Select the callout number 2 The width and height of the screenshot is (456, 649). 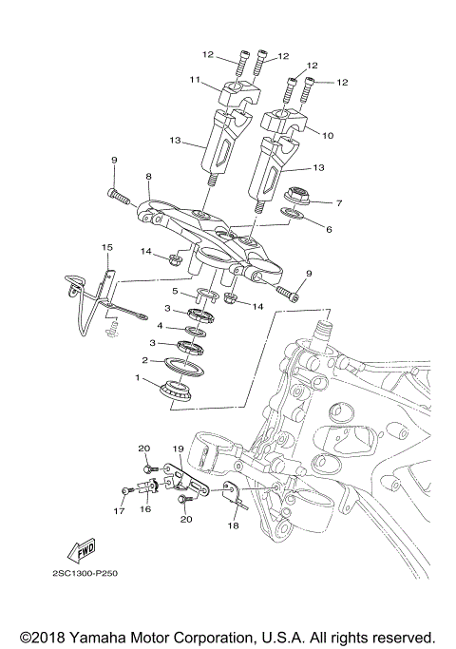pyautogui.click(x=144, y=361)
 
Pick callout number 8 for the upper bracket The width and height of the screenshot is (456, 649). pyautogui.click(x=148, y=177)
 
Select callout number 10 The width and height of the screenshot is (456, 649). pyautogui.click(x=328, y=136)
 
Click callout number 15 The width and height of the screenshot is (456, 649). pyautogui.click(x=106, y=247)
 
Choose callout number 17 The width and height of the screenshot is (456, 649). pyautogui.click(x=120, y=510)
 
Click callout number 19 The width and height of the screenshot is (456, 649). pyautogui.click(x=177, y=448)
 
